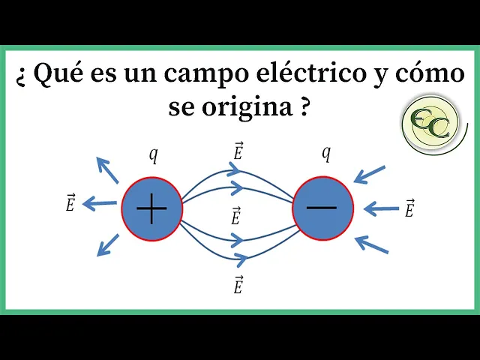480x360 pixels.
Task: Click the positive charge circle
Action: (151, 208)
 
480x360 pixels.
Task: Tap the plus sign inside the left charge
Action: (151, 208)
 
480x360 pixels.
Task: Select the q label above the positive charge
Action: (153, 155)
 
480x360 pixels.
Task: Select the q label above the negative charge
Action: (326, 153)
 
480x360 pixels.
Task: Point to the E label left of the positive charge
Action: (70, 202)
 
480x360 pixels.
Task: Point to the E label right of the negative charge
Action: (409, 208)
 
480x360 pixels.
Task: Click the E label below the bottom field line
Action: (238, 284)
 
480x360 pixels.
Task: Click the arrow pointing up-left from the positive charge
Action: (108, 170)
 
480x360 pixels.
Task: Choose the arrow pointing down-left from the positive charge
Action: (109, 244)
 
